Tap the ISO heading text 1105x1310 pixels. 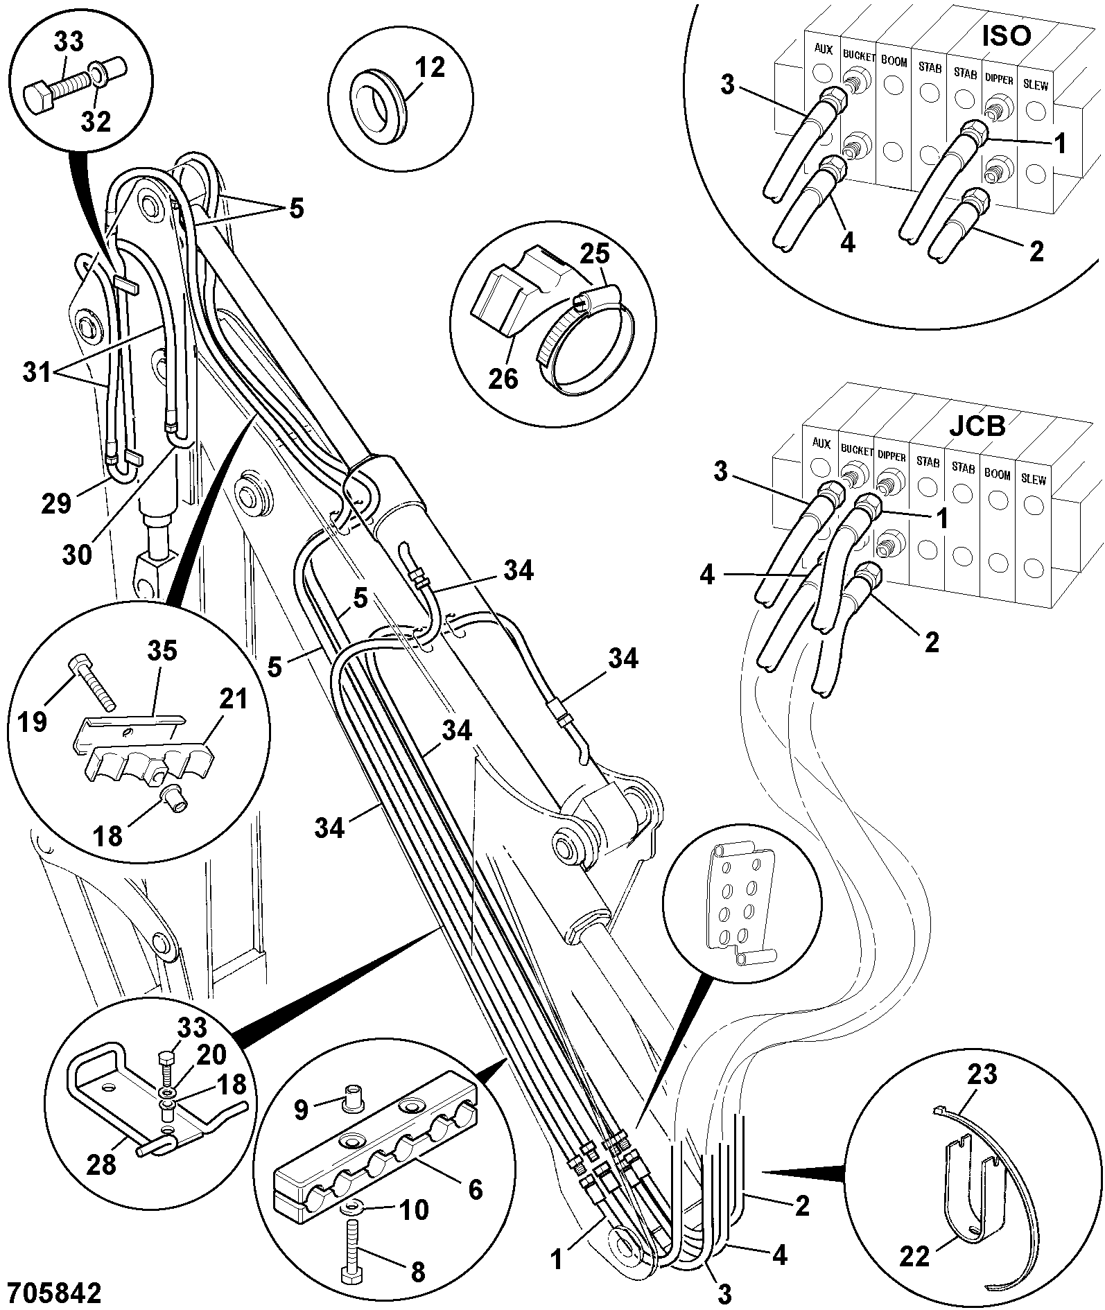pyautogui.click(x=1007, y=35)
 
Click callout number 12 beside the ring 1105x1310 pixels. pyautogui.click(x=430, y=68)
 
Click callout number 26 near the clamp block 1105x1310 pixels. pyautogui.click(x=503, y=378)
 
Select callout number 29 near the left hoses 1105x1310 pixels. pyautogui.click(x=56, y=503)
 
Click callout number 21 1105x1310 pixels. pyautogui.click(x=234, y=700)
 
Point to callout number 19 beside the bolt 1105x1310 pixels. pyautogui.click(x=33, y=722)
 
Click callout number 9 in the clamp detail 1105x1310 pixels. pyautogui.click(x=300, y=1110)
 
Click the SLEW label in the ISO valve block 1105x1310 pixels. pyautogui.click(x=1036, y=86)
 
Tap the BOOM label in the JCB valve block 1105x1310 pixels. pyautogui.click(x=998, y=475)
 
